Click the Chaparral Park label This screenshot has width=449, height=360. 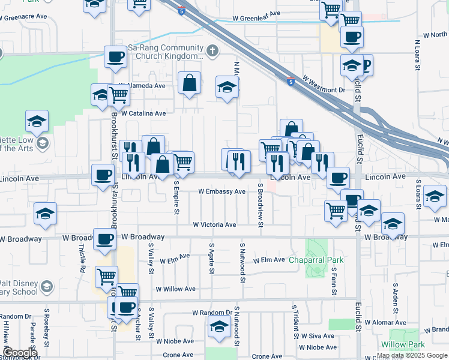[x=316, y=260]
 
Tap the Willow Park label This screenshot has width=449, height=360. [x=402, y=345]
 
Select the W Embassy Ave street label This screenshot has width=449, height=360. [x=222, y=191]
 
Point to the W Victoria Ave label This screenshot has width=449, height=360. [x=214, y=224]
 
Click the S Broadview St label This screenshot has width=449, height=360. [x=261, y=206]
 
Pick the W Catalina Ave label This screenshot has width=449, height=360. [x=143, y=113]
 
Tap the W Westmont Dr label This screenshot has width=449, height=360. [x=324, y=85]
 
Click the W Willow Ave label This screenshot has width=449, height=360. [x=175, y=289]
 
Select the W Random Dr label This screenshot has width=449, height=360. [x=212, y=313]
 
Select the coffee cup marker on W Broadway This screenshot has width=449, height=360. [x=105, y=239]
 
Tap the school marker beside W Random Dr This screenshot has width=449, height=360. [x=219, y=327]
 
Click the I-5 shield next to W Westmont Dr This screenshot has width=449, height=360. [x=291, y=82]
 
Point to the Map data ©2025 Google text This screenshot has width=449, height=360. [x=412, y=355]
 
